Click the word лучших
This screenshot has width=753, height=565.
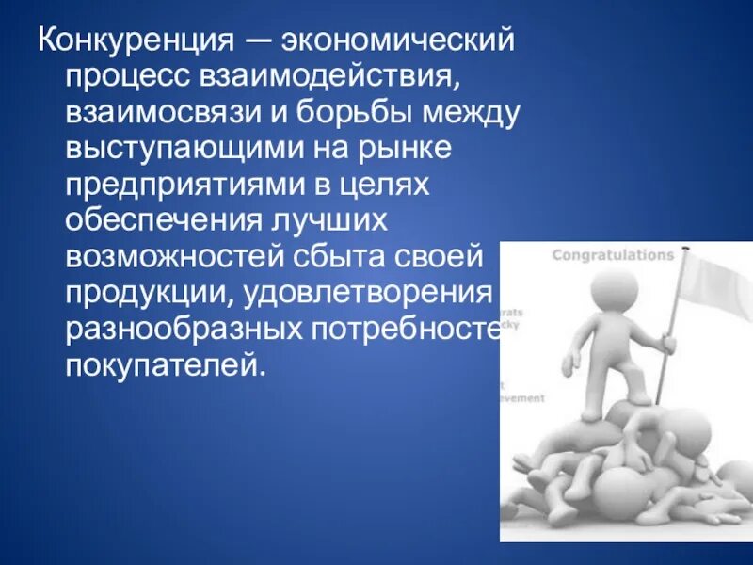click(330, 220)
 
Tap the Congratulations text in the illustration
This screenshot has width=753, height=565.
click(613, 254)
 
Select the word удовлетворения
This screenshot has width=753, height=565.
click(367, 292)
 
